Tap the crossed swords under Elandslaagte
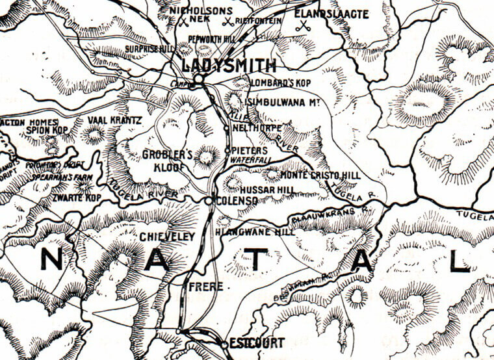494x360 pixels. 302,26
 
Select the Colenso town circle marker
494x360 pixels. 209,201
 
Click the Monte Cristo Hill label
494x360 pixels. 320,175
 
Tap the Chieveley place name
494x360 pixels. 167,237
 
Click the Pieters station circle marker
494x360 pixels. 227,151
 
